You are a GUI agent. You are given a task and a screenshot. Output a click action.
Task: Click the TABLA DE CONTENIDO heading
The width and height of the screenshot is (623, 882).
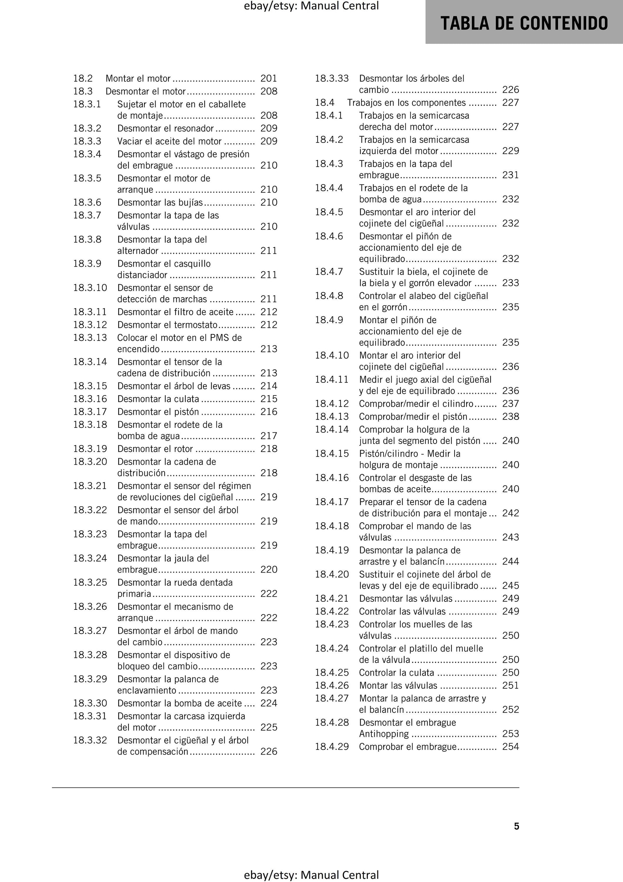pos(524,23)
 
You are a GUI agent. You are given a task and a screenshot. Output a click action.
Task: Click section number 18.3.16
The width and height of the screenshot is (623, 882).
pos(90,399)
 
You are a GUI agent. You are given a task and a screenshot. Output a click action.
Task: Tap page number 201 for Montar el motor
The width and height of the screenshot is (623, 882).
pos(269,78)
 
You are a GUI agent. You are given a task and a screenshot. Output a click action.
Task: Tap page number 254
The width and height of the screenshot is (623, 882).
pos(510,747)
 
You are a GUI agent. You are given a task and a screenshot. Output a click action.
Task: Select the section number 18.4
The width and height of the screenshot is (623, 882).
pos(325,102)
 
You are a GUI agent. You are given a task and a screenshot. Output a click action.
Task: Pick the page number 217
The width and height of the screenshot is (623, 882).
pos(269,436)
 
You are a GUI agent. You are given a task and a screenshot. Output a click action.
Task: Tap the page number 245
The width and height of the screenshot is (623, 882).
pos(510,585)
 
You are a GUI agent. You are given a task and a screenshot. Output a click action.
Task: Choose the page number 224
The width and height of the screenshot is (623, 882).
pos(269,703)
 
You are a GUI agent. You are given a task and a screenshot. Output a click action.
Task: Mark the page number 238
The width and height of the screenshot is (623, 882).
pos(510,416)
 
